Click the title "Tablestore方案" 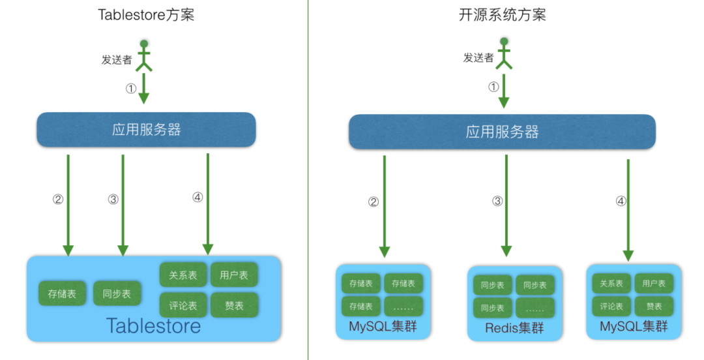point(146,15)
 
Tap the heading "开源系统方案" point(503,15)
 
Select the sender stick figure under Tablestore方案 point(144,55)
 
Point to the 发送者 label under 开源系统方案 point(478,57)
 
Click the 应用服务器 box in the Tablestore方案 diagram point(146,129)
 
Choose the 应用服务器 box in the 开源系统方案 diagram point(502,132)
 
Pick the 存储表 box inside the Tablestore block point(62,293)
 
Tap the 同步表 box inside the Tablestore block point(117,293)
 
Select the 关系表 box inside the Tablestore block point(183,275)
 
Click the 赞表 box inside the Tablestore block point(234,305)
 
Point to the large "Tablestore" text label point(153,325)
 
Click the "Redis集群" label point(514,327)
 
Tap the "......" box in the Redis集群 point(535,307)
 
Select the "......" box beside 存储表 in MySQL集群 point(403,306)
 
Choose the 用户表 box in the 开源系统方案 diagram point(654,284)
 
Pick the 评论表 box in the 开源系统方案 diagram point(611,306)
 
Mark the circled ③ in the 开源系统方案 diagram point(497,202)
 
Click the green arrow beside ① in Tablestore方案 point(144,87)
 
